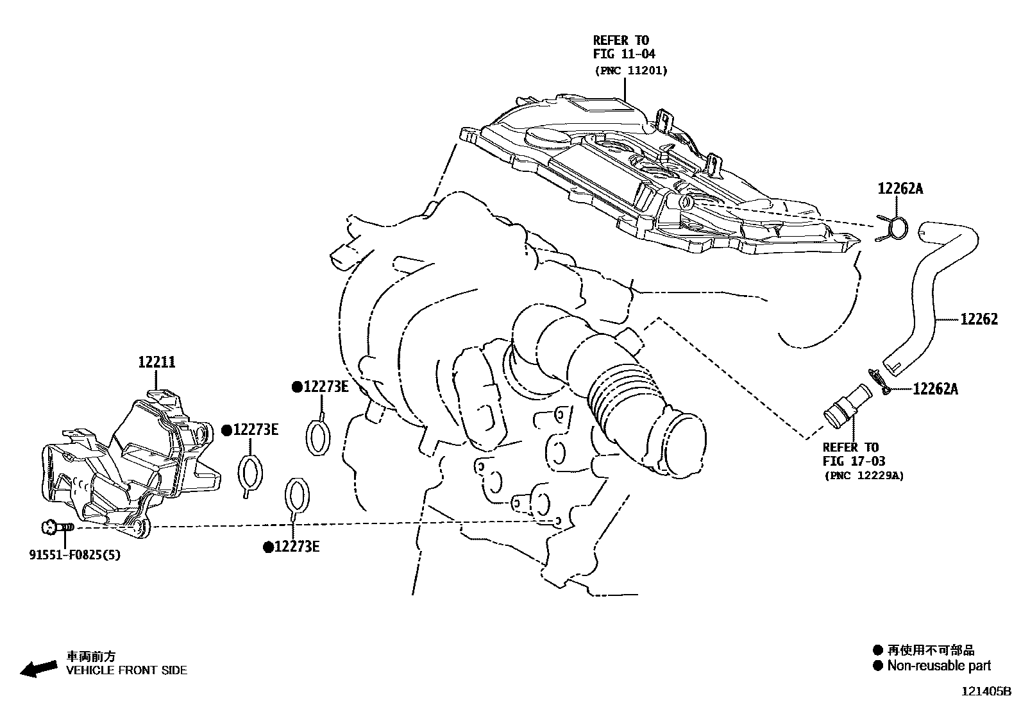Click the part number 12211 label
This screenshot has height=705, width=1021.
click(x=156, y=362)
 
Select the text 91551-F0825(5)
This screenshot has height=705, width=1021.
click(x=74, y=554)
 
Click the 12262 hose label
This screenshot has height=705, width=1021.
click(x=979, y=319)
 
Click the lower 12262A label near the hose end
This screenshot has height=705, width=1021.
click(x=935, y=389)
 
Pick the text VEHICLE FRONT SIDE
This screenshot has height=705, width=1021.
click(x=127, y=670)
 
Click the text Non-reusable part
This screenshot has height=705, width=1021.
click(x=939, y=666)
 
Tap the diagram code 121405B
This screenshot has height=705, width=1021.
click(x=984, y=692)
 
